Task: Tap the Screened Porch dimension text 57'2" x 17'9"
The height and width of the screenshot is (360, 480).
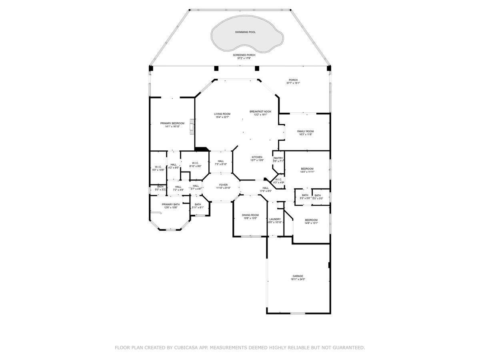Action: (x=244, y=58)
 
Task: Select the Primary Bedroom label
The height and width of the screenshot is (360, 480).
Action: (x=172, y=123)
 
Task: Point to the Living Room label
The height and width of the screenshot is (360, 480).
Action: (x=222, y=114)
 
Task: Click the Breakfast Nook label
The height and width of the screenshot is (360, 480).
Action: (x=260, y=112)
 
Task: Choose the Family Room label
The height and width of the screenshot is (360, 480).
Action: (x=305, y=131)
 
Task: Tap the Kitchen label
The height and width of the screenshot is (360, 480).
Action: (x=257, y=157)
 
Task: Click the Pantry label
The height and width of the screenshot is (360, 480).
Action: (x=278, y=158)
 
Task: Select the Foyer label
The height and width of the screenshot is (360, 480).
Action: (x=223, y=185)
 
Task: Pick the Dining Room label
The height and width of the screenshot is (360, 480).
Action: (x=250, y=215)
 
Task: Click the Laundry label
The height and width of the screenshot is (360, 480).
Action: (x=275, y=219)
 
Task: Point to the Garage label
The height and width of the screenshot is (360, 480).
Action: (x=298, y=276)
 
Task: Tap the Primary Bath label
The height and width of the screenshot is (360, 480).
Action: (x=170, y=204)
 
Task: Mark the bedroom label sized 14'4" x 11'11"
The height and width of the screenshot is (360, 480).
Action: (x=307, y=169)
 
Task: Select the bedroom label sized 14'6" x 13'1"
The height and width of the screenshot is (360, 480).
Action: (x=311, y=220)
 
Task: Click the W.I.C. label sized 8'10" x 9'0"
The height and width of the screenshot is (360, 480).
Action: (x=195, y=163)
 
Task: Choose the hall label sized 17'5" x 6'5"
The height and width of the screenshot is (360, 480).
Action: (x=266, y=188)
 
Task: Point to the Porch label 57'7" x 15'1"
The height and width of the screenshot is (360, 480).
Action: (x=293, y=80)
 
